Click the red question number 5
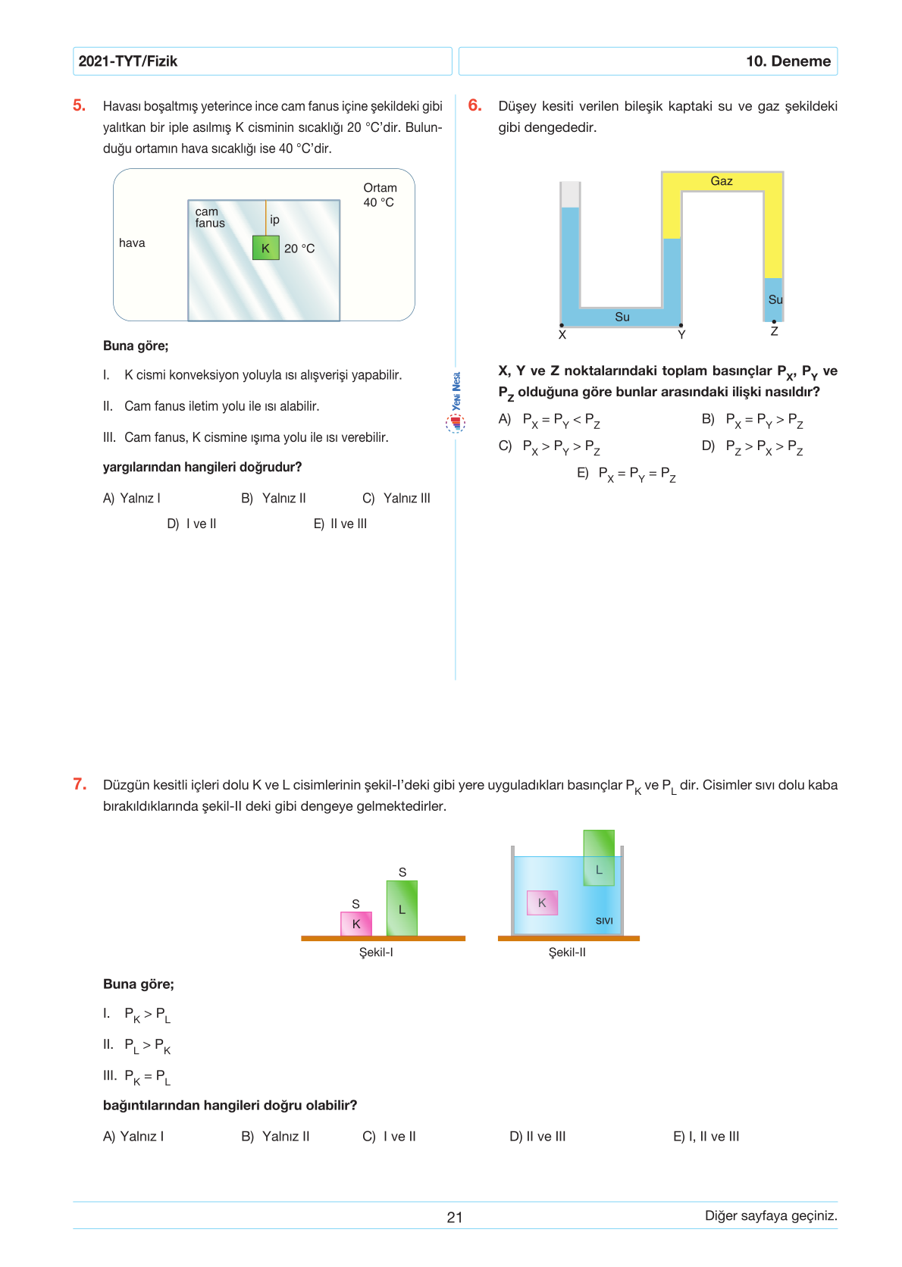pyautogui.click(x=79, y=105)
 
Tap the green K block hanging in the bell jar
pyautogui.click(x=265, y=248)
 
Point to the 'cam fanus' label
pyautogui.click(x=210, y=217)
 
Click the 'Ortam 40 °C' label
pyautogui.click(x=380, y=195)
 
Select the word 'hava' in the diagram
pyautogui.click(x=132, y=242)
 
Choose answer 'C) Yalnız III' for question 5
pyautogui.click(x=396, y=498)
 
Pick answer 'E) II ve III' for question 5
pyautogui.click(x=340, y=524)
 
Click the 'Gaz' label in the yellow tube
pyautogui.click(x=722, y=181)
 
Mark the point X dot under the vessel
pyautogui.click(x=562, y=325)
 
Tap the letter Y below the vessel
pyautogui.click(x=681, y=335)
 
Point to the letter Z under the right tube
pyautogui.click(x=774, y=332)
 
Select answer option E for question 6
pyautogui.click(x=626, y=474)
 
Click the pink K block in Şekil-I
pyautogui.click(x=356, y=924)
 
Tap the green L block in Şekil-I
pyautogui.click(x=402, y=909)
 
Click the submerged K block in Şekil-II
pyautogui.click(x=542, y=903)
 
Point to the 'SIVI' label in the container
pyautogui.click(x=604, y=921)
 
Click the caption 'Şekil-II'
pyautogui.click(x=567, y=953)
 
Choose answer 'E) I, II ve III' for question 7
pyautogui.click(x=706, y=1136)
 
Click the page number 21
pyautogui.click(x=455, y=1217)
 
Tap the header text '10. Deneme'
pyautogui.click(x=788, y=61)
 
